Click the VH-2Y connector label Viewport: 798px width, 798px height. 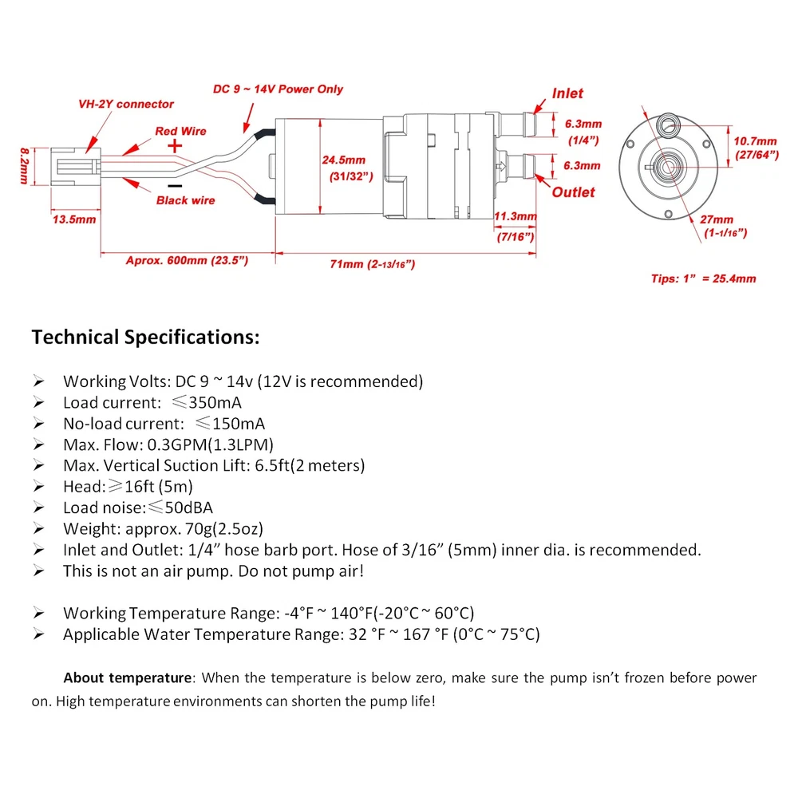tap(125, 104)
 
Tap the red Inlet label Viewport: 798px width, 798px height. tap(567, 93)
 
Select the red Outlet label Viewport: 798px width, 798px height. tap(573, 192)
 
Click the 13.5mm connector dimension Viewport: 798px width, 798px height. tap(73, 219)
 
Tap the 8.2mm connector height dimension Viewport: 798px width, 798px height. tap(27, 164)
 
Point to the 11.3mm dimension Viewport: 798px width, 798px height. tap(515, 216)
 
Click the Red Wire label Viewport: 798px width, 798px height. tap(180, 131)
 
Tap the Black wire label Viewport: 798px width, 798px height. tap(185, 200)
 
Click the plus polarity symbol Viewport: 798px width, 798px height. tap(175, 147)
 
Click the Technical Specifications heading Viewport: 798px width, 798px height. tap(145, 337)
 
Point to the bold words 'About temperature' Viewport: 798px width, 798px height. tap(128, 678)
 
